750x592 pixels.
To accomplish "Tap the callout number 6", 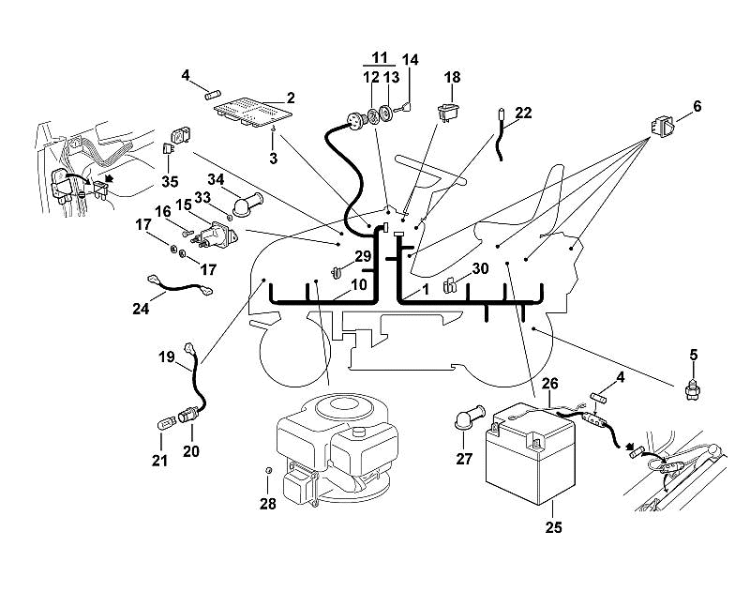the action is (x=697, y=106).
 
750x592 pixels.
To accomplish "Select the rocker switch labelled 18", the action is (x=449, y=111).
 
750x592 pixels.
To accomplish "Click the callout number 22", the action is (x=524, y=113).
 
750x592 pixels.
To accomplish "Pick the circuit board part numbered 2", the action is (x=252, y=112).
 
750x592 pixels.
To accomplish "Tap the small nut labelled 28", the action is (x=269, y=470).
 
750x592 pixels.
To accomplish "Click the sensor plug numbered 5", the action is (x=693, y=389).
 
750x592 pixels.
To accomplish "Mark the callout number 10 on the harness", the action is (x=359, y=285).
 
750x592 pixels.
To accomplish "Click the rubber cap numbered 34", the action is (x=247, y=205).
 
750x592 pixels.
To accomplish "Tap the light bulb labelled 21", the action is (x=165, y=424).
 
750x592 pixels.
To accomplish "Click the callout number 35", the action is (x=170, y=182).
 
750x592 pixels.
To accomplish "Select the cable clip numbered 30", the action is (x=450, y=285).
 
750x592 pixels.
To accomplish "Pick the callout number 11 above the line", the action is (x=380, y=58).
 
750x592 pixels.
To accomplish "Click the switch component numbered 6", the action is (x=663, y=127).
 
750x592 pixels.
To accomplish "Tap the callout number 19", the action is (x=167, y=357).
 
